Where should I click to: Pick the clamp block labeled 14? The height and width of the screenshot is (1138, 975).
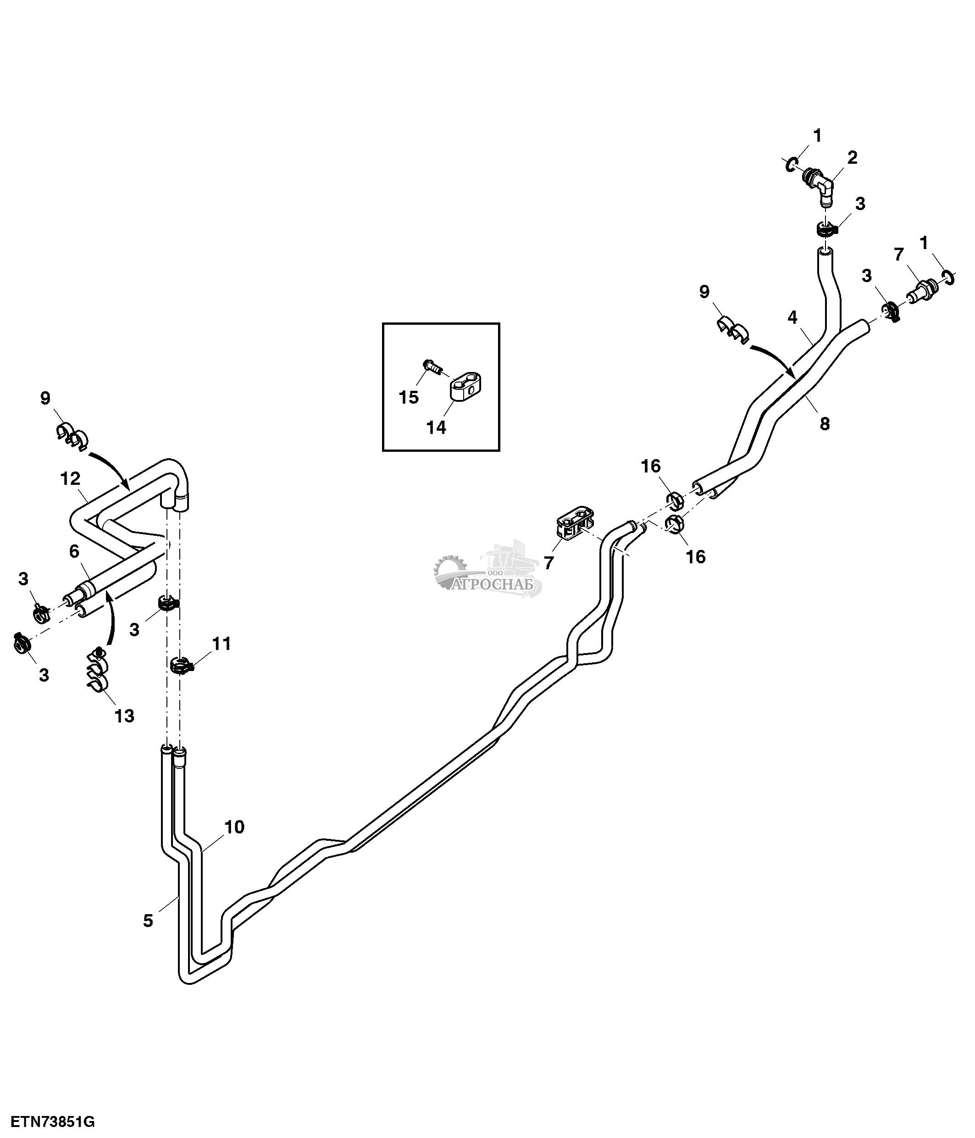[x=465, y=386]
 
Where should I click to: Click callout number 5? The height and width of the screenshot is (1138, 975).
[x=148, y=921]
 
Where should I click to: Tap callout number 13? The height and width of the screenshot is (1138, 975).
[x=125, y=716]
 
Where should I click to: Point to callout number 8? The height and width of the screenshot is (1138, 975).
[x=825, y=423]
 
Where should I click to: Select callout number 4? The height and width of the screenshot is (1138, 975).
[x=792, y=317]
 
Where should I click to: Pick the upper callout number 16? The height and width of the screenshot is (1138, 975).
[x=651, y=466]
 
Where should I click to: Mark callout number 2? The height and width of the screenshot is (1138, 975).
[x=852, y=158]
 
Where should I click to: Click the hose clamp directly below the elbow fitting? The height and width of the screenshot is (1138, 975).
[x=825, y=229]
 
